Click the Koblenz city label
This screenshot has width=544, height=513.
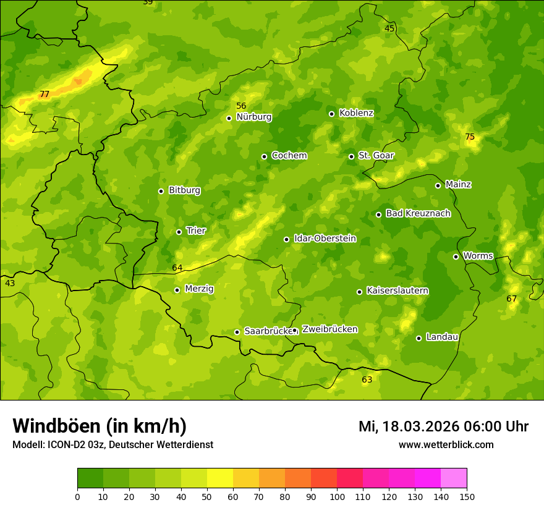[x=356, y=113]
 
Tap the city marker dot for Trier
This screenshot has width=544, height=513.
[x=179, y=232]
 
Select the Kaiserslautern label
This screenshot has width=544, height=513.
[x=397, y=290]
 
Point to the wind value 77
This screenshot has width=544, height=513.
[x=45, y=95]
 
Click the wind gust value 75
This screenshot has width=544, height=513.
[x=470, y=137]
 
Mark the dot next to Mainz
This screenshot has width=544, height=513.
[x=438, y=185]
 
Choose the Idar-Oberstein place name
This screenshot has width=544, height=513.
[x=325, y=239]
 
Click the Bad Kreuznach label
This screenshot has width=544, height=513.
[x=418, y=213]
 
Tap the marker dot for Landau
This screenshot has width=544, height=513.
[x=419, y=338]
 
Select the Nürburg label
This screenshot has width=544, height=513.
[x=253, y=117]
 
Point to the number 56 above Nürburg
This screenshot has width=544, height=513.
[x=241, y=106]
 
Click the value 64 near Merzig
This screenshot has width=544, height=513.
[x=177, y=268]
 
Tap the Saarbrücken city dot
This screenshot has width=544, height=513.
[x=237, y=332]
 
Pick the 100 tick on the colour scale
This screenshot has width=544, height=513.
[x=337, y=497]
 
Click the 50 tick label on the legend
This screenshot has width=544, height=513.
[x=207, y=497]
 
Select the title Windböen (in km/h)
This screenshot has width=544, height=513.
[x=100, y=426]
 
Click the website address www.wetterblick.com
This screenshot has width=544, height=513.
[x=446, y=445]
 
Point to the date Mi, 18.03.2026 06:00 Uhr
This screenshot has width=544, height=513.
[x=443, y=426]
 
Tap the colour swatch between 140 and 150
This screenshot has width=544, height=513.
[x=454, y=478]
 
